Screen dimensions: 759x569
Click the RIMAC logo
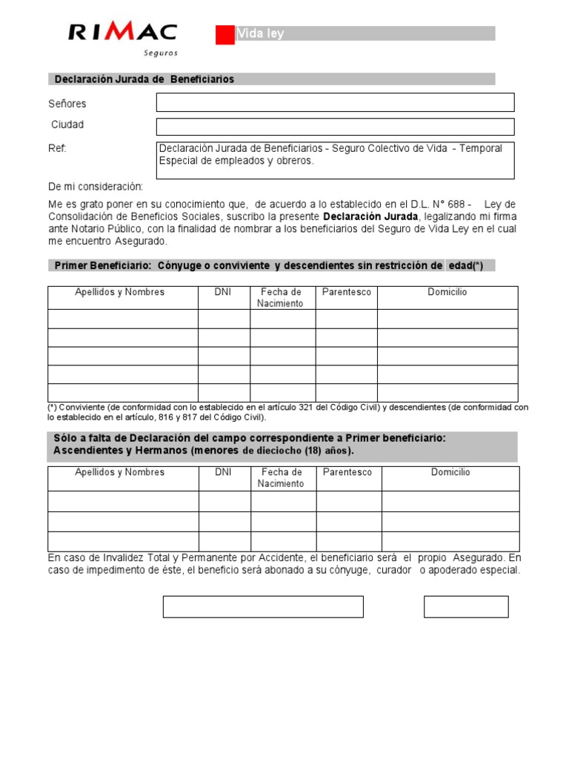[x=122, y=33]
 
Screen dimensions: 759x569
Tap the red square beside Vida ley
[x=224, y=35]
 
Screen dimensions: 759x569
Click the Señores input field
[x=335, y=102]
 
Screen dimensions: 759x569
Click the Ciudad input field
[x=335, y=127]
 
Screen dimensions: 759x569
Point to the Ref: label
[x=58, y=148]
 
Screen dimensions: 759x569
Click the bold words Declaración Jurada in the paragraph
[x=370, y=216]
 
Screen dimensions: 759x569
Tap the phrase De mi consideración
[x=96, y=187]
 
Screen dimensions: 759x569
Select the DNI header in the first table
[x=223, y=292]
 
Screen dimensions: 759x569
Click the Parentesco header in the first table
[x=346, y=292]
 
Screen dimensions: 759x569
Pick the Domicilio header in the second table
[x=450, y=472]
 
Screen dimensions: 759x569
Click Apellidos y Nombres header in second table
[x=120, y=472]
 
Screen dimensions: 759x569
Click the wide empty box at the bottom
[x=263, y=606]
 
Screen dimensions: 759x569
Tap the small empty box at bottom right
[x=466, y=606]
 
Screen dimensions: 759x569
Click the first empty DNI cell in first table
[x=224, y=319]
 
